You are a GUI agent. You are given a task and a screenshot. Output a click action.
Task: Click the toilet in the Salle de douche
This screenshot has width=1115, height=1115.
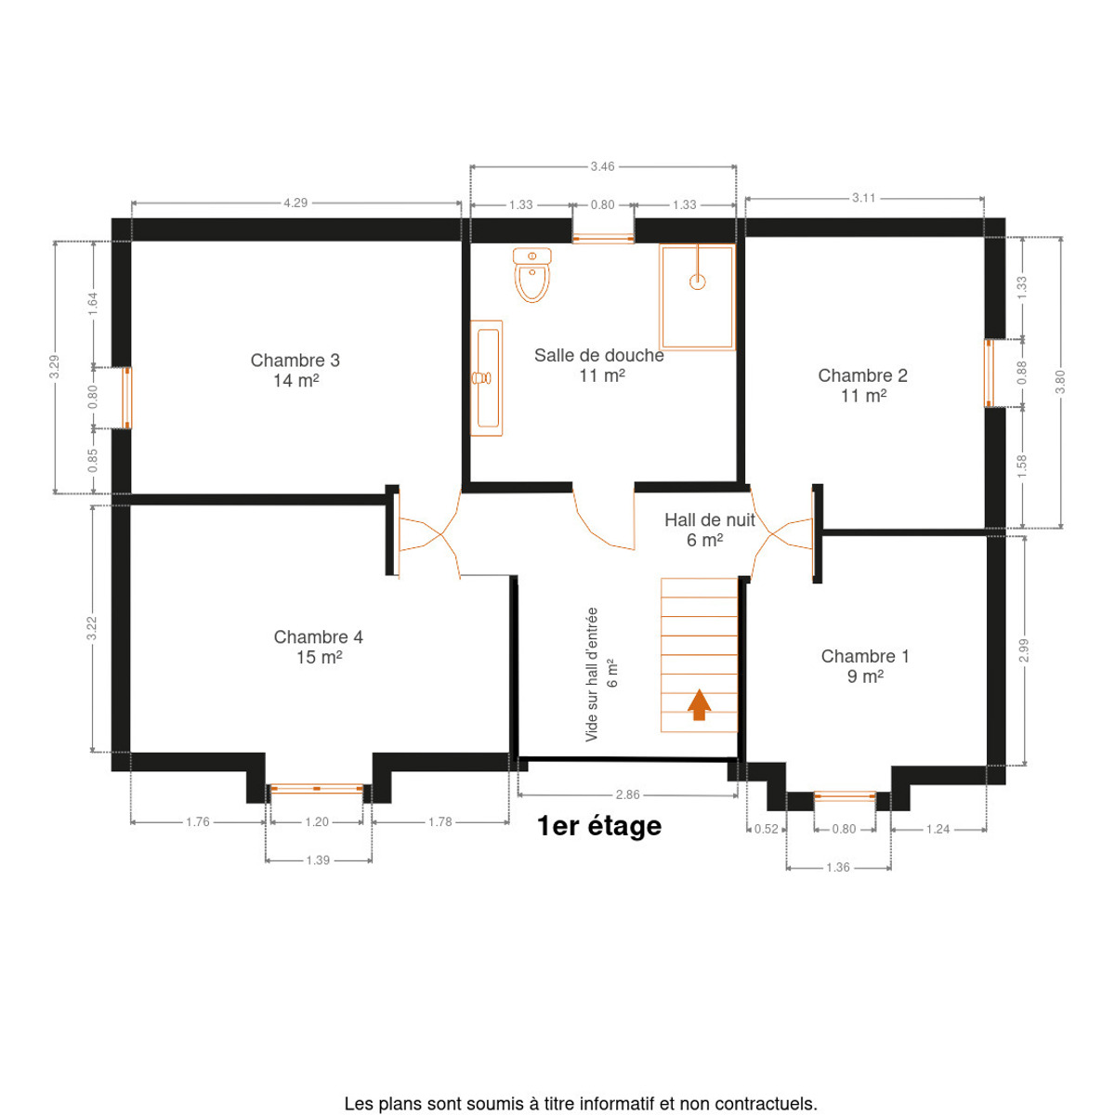click(x=531, y=275)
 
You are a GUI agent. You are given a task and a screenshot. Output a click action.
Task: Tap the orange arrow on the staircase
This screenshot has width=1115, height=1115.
click(x=699, y=704)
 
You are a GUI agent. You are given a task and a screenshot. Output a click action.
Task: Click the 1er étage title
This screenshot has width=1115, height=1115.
click(x=599, y=826)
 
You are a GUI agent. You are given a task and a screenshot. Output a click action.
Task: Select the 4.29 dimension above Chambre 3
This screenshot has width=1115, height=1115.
click(x=295, y=203)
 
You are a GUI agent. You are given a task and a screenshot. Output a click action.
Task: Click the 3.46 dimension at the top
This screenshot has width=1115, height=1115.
click(x=602, y=166)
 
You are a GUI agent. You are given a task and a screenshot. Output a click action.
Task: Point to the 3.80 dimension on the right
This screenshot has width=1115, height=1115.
click(x=1059, y=381)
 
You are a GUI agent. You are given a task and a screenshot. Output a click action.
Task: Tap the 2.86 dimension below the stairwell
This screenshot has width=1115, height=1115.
click(x=627, y=794)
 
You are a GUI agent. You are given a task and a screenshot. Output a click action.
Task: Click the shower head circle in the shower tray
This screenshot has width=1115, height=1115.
click(x=697, y=282)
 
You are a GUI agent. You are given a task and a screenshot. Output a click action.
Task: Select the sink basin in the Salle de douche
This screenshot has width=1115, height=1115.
click(x=488, y=378)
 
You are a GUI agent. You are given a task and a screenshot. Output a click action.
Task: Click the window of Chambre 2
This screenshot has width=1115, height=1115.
click(x=989, y=374)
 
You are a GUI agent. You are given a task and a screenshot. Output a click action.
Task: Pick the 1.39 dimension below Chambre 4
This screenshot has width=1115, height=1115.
click(x=318, y=859)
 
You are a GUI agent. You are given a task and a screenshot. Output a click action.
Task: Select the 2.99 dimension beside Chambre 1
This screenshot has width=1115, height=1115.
click(x=1024, y=650)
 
